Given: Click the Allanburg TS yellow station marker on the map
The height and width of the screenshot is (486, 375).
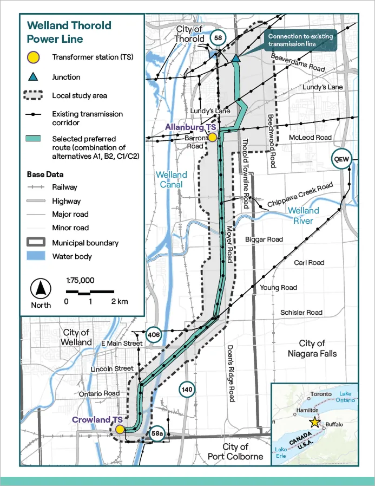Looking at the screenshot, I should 213,138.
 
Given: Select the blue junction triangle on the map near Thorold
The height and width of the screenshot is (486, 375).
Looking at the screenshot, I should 236,59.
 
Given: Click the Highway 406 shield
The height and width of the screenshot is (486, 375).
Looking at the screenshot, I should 154,335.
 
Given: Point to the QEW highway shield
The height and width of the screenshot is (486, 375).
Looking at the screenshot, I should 342,159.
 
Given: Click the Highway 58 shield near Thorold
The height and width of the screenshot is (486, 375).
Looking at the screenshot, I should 218,38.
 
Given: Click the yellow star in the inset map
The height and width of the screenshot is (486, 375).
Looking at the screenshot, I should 314,422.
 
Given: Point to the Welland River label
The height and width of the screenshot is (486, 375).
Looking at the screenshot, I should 303,215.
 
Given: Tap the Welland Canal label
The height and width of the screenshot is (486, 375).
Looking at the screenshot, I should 171,179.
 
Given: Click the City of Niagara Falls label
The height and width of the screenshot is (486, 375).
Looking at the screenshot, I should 311,348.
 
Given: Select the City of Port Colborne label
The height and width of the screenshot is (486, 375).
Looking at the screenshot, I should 235,451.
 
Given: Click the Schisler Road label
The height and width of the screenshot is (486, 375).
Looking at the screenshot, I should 301,312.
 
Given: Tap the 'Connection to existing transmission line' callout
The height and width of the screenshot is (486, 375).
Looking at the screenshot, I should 300,40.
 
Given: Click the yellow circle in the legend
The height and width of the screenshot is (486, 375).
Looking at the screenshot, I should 34,57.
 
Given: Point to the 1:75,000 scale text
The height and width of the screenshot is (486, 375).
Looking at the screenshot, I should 80,280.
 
